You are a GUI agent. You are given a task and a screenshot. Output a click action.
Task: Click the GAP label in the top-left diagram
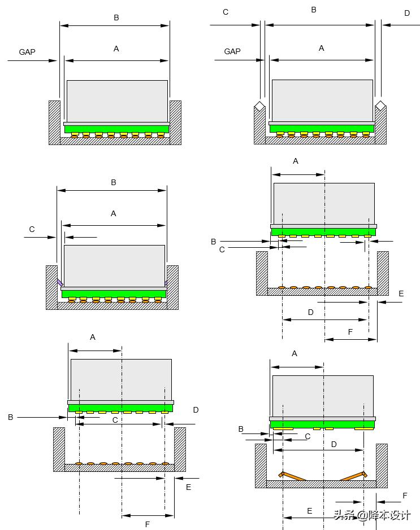(27, 52)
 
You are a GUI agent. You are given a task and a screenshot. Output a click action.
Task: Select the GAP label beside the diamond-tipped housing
(232, 51)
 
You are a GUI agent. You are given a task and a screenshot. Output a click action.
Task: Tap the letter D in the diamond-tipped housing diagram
(407, 13)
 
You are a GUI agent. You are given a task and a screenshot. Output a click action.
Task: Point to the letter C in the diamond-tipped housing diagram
(226, 12)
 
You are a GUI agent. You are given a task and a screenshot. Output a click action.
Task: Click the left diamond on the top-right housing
(258, 106)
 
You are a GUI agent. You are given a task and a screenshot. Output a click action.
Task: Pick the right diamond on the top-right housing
(381, 106)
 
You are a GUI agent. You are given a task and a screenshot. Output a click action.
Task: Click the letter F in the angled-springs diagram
(405, 496)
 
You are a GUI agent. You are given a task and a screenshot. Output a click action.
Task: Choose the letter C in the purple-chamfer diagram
(32, 229)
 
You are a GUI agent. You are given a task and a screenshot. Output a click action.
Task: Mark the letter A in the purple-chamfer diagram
(114, 213)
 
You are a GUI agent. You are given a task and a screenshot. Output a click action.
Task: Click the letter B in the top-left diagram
(116, 17)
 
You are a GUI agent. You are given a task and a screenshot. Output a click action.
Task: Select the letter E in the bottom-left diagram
(188, 487)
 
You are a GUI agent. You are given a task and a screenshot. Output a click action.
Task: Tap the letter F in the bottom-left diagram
(148, 524)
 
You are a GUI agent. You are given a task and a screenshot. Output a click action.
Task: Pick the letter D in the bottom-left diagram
(196, 410)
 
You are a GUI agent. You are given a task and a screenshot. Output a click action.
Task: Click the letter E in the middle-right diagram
(401, 294)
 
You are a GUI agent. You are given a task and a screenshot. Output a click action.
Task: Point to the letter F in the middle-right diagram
(350, 332)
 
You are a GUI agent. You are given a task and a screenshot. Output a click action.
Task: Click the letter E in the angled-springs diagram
(309, 511)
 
